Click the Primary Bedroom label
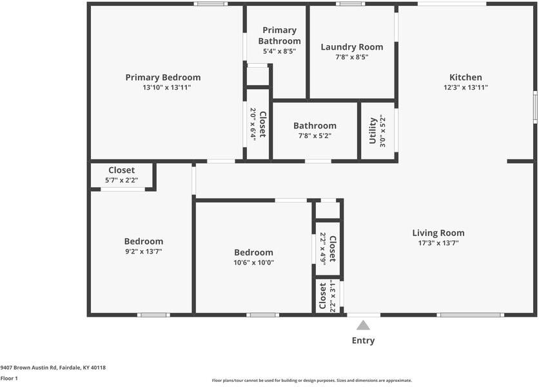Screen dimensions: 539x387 click(x=163, y=77)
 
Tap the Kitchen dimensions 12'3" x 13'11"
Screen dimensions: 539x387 click(x=465, y=87)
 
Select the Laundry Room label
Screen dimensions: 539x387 click(x=351, y=47)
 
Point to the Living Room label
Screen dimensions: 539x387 click(x=438, y=233)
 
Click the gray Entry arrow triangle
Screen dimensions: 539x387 click(x=363, y=325)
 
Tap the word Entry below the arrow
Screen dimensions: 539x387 click(x=363, y=341)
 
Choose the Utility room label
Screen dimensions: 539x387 click(x=373, y=131)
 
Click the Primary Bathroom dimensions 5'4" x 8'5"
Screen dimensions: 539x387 click(x=279, y=51)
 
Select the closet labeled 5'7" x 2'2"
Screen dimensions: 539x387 click(x=121, y=175)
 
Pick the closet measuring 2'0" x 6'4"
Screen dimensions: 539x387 click(x=258, y=124)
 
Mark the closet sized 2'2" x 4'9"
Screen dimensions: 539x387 click(x=328, y=249)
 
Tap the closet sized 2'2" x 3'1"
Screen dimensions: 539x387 click(x=328, y=296)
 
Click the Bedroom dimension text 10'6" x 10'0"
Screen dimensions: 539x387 click(x=253, y=263)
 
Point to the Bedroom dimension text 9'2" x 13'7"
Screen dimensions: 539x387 click(x=144, y=252)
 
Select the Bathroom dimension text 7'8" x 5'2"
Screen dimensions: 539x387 click(x=315, y=136)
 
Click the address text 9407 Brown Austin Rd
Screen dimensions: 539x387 click(x=28, y=368)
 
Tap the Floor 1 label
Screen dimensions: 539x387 click(x=9, y=379)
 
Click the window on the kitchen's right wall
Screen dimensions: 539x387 click(x=535, y=106)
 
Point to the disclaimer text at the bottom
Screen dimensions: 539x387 click(x=312, y=381)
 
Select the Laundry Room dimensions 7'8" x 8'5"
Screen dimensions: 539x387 click(x=351, y=57)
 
